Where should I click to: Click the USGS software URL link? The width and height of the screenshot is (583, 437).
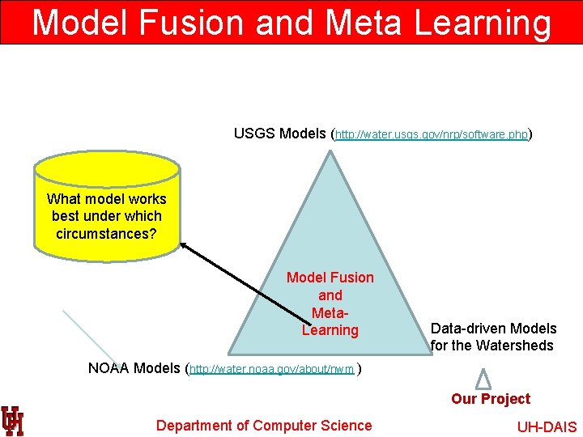(432, 134)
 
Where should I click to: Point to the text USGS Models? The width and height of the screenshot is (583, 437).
(279, 133)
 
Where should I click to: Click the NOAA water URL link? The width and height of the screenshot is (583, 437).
(273, 370)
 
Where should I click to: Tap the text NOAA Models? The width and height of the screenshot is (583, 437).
(135, 368)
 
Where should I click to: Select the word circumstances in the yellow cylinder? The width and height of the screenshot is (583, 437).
(107, 234)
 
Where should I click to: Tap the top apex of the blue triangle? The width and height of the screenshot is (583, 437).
(330, 154)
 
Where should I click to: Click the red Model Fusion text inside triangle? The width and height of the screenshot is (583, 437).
(330, 278)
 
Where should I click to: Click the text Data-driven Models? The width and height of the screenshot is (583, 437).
(493, 329)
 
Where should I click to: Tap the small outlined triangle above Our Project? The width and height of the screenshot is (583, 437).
(483, 379)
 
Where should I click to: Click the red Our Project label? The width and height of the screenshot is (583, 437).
(491, 399)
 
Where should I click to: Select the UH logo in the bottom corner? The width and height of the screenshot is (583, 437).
(12, 420)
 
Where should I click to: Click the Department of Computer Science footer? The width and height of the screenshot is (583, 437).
(264, 426)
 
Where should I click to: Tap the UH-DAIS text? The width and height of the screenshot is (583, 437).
(547, 427)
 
